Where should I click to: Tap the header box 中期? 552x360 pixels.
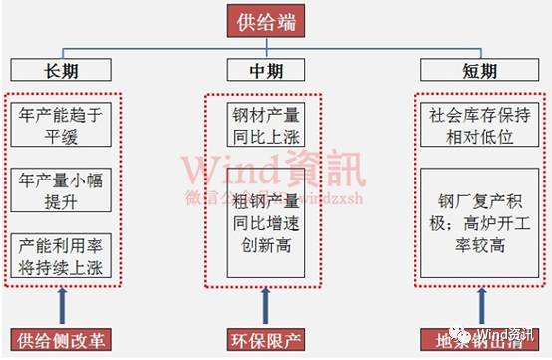pos(264,70)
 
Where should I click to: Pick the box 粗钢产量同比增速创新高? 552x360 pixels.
pos(264,212)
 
